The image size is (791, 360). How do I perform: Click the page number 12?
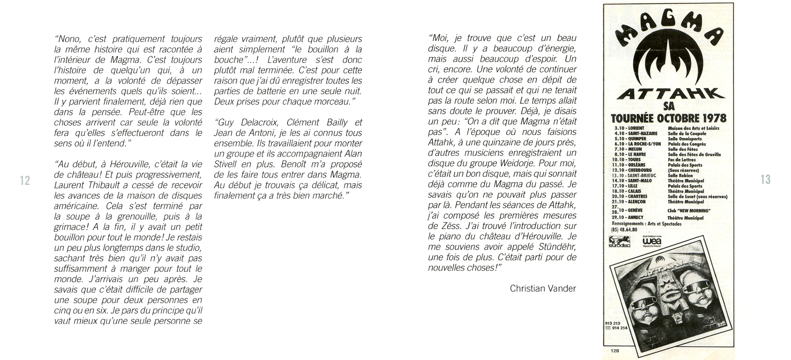tap(25, 180)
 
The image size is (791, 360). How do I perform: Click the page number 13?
tap(765, 179)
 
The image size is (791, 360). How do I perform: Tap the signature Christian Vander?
tap(543, 289)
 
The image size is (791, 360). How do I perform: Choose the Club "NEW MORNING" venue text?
tap(689, 211)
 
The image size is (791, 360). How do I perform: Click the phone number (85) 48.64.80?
tap(624, 230)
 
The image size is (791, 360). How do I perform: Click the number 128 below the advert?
tap(615, 351)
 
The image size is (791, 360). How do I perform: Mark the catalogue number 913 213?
tap(613, 323)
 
